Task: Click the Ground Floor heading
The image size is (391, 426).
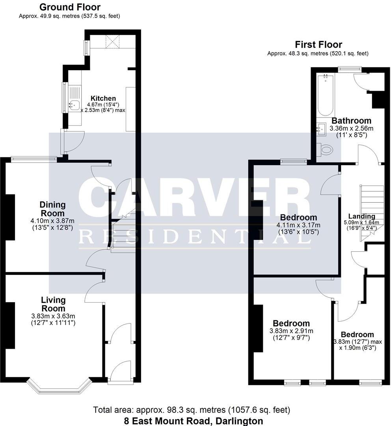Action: [x=70, y=7]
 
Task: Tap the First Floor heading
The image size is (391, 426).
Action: [x=318, y=45]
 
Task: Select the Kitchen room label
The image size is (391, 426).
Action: [x=103, y=98]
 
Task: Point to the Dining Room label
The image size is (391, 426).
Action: [x=52, y=209]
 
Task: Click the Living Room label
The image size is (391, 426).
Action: [x=53, y=304]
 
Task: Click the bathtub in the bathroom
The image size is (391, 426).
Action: [x=326, y=95]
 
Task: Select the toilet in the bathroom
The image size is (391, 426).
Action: [x=325, y=149]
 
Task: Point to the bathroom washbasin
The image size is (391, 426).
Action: [x=322, y=128]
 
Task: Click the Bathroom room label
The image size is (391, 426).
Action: [x=351, y=121]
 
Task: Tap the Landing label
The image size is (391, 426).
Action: [x=362, y=216]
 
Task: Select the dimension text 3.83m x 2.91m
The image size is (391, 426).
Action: [x=291, y=331]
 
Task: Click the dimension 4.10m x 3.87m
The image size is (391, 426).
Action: [x=52, y=221]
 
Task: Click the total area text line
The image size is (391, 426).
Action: [x=192, y=410]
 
